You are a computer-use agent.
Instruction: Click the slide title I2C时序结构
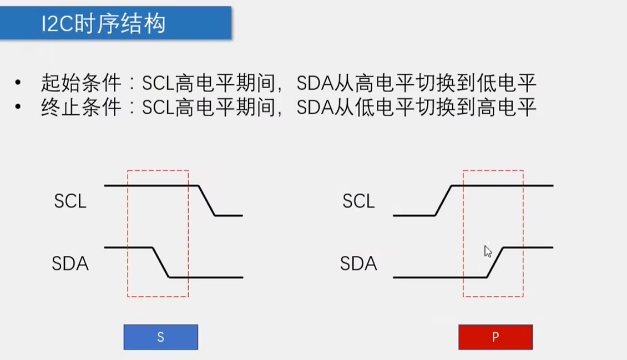[x=104, y=24]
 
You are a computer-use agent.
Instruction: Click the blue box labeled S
[x=160, y=337]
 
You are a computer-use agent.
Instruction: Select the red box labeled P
[x=495, y=337]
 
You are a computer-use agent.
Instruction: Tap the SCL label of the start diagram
[x=70, y=201]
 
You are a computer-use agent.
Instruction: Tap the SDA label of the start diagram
[x=70, y=263]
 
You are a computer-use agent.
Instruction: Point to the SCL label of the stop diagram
[x=358, y=201]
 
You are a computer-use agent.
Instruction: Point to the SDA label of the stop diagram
[x=358, y=263]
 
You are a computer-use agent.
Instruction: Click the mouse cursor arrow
[x=488, y=251]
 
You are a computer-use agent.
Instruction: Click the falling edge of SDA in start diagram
[x=161, y=262]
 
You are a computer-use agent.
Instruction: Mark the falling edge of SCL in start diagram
[x=206, y=200]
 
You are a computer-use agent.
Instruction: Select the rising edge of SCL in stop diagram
[x=444, y=200]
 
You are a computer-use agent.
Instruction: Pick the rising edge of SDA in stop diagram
[x=495, y=262]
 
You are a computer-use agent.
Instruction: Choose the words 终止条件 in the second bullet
[x=81, y=108]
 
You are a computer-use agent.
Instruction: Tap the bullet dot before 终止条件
[x=18, y=108]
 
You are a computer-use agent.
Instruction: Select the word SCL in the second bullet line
[x=158, y=108]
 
